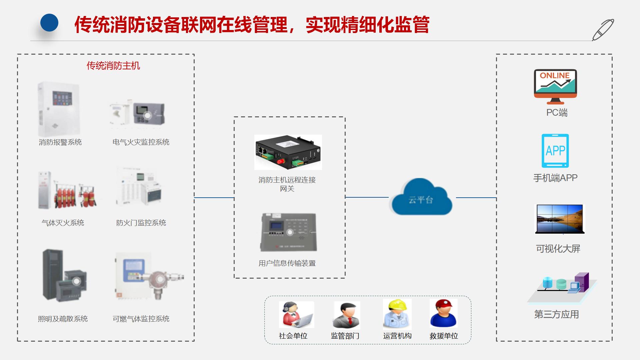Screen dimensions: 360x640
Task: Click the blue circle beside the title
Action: tap(49, 23)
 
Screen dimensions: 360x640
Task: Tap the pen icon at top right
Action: tap(603, 30)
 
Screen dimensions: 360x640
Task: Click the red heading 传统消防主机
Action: tap(113, 66)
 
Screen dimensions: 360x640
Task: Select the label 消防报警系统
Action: tap(60, 142)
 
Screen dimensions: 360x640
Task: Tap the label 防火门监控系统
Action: tap(141, 223)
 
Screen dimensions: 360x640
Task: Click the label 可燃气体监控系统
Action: tap(141, 319)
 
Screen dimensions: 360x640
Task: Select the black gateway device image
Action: tap(288, 152)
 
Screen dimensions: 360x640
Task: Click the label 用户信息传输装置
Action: tap(287, 263)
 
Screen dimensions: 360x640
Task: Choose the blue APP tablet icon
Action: tap(555, 151)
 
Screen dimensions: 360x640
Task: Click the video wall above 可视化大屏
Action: tap(560, 219)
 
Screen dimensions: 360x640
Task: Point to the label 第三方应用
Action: tap(556, 314)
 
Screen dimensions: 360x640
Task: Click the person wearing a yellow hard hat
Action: tap(397, 314)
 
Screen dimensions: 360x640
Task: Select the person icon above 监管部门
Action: tap(346, 315)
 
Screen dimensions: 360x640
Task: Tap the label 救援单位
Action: tap(444, 336)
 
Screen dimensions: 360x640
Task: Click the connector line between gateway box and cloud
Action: tap(367, 197)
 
